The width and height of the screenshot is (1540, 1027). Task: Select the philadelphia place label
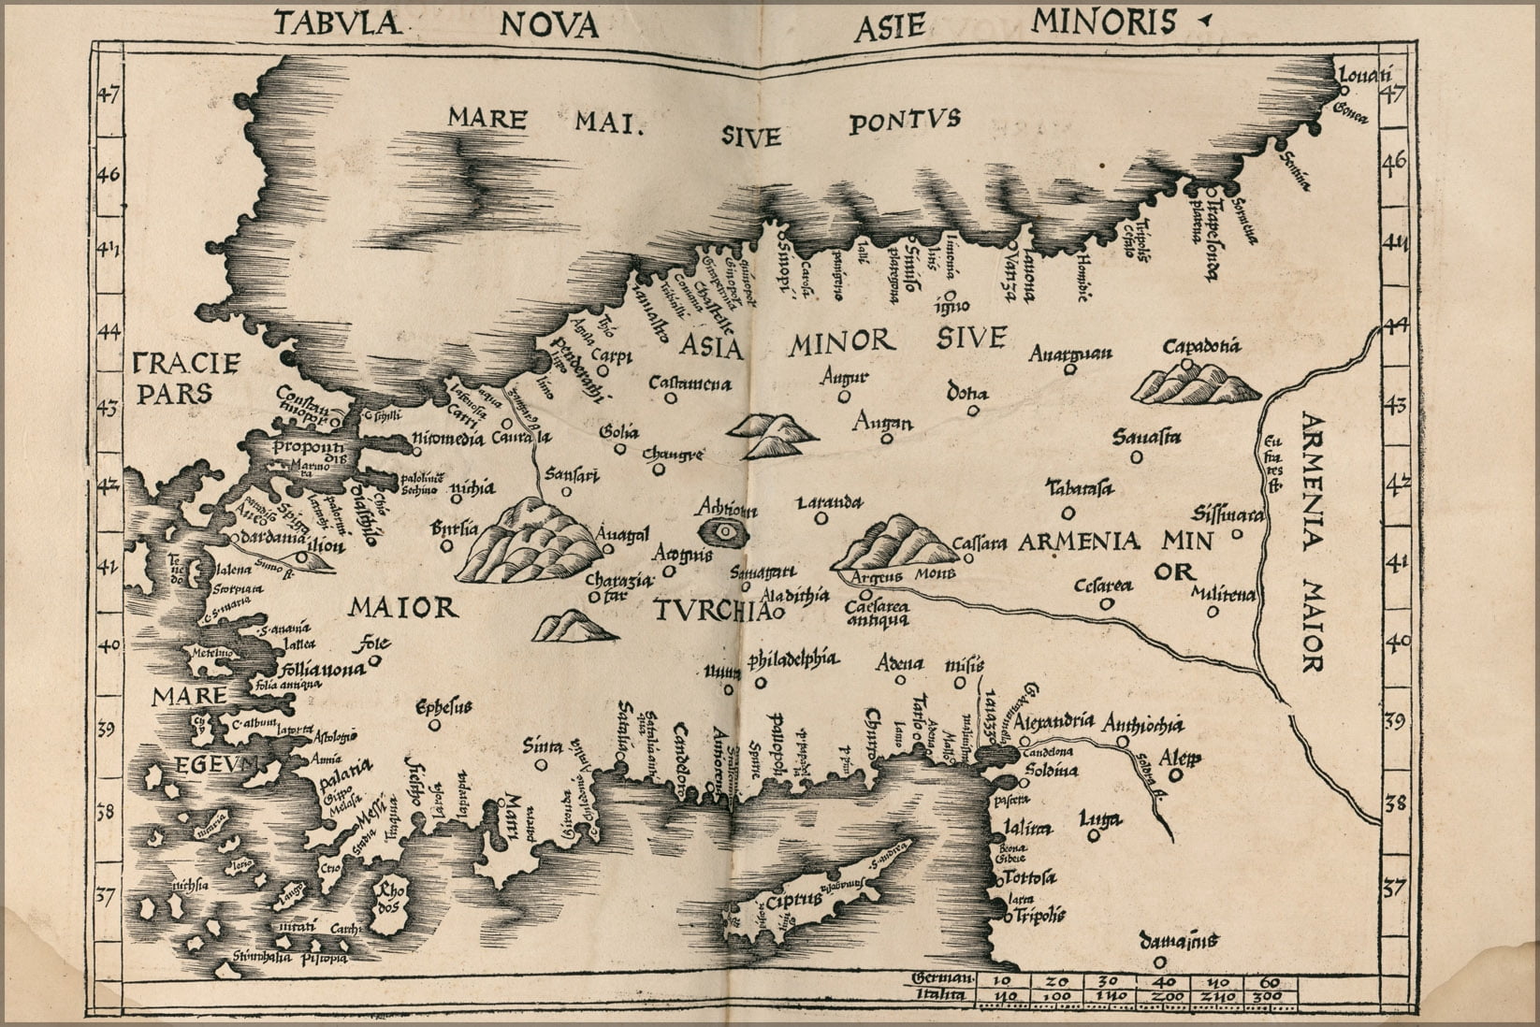[792, 658]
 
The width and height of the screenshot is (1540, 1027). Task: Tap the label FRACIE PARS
[173, 376]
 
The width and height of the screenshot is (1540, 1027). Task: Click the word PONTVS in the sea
[904, 122]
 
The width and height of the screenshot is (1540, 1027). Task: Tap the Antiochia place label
[1143, 724]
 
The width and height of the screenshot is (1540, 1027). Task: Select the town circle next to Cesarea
[1107, 603]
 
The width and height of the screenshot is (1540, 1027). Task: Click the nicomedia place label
[449, 438]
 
